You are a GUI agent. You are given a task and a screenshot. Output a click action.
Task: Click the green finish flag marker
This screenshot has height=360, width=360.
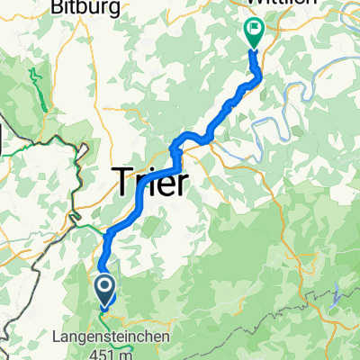tap(253, 32)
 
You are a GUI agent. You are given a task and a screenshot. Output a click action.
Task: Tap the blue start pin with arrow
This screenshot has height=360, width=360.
tap(104, 290)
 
